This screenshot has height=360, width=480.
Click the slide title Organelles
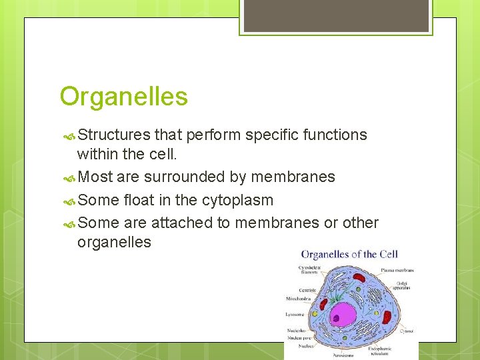(123, 97)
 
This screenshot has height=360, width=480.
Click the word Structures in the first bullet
(114, 135)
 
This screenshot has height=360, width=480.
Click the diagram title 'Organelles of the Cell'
(349, 254)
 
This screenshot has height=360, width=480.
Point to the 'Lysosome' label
(295, 314)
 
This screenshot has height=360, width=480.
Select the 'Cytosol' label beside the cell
(406, 331)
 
